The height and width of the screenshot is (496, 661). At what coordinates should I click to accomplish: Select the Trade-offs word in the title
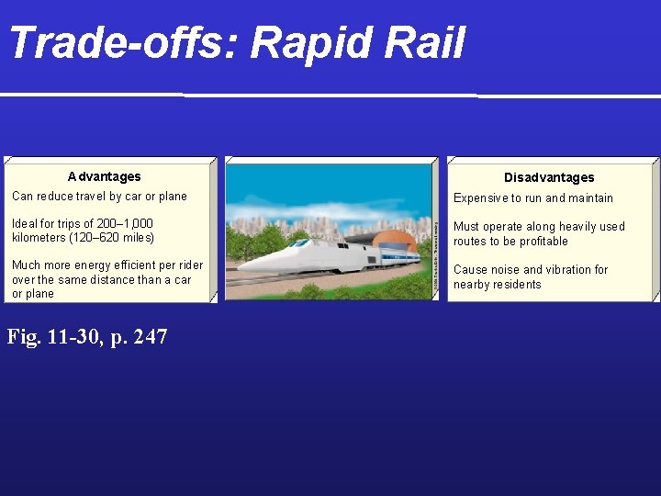122,43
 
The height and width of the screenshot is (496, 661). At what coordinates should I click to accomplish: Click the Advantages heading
105,176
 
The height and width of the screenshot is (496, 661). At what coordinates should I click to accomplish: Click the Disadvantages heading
549,177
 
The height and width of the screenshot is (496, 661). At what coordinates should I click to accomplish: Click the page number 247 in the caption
151,337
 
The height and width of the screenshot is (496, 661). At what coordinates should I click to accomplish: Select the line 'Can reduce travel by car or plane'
99,196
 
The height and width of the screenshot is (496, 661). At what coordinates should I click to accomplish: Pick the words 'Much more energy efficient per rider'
107,265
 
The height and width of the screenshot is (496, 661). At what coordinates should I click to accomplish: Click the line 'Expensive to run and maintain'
533,197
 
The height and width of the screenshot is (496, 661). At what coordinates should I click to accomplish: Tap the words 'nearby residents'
497,284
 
